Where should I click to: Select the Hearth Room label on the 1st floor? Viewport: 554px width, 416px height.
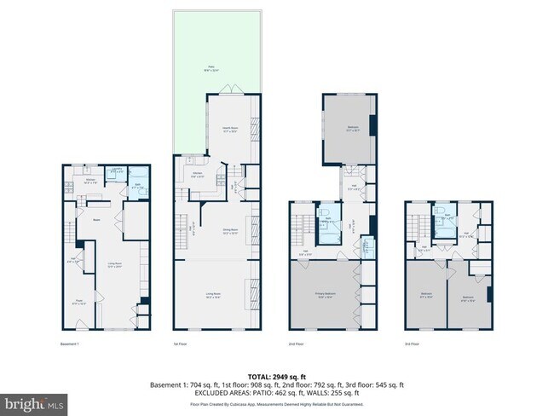pyautogui.click(x=228, y=130)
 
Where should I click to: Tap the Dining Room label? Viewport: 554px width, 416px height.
pyautogui.click(x=228, y=231)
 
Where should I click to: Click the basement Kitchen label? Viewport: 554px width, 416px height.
pyautogui.click(x=90, y=181)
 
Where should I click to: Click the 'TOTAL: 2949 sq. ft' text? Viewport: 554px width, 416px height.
pyautogui.click(x=277, y=375)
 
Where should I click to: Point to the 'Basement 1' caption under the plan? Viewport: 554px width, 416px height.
pyautogui.click(x=71, y=344)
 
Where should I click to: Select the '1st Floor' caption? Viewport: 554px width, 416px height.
pyautogui.click(x=182, y=344)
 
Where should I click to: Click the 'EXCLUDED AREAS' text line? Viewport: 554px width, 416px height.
pyautogui.click(x=277, y=392)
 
